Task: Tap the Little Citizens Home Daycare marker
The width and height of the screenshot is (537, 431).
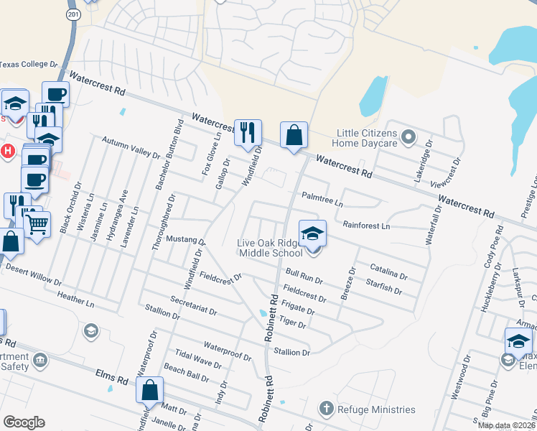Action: pos(408,136)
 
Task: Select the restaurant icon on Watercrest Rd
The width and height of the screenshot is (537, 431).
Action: pos(248,132)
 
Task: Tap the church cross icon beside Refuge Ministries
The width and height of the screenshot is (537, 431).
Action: pos(327,409)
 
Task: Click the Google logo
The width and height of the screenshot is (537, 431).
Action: pos(23,422)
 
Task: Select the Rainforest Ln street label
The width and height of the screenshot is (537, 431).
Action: pos(365,226)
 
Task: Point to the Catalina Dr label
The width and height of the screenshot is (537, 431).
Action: pos(388,272)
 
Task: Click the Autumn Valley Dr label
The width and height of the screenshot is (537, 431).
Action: pos(131,149)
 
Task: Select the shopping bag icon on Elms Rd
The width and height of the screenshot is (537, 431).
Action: pos(150,391)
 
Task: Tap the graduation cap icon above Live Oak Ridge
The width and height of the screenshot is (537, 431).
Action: pos(312,233)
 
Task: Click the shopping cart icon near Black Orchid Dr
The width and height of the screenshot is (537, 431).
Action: pos(37,223)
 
